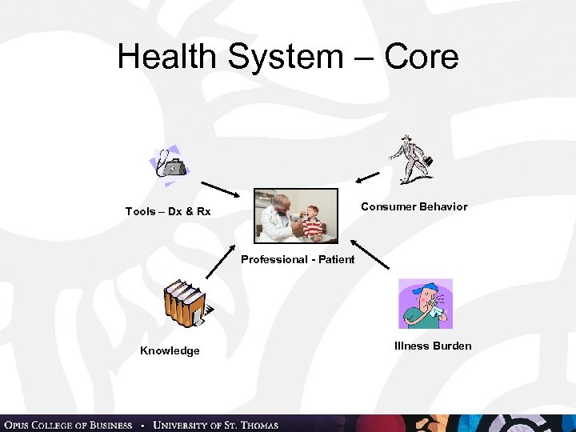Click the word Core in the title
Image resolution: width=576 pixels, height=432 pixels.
tap(421, 57)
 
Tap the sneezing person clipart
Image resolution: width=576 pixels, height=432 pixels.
tap(426, 303)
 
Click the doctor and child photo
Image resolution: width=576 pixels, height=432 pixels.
tap(296, 215)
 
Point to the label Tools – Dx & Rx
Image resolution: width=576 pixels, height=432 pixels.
tap(168, 211)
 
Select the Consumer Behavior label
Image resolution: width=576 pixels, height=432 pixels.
tap(414, 206)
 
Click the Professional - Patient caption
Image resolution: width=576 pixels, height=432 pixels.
tap(298, 259)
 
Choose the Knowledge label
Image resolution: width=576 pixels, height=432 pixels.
tap(170, 350)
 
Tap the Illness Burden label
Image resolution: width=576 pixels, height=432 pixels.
tap(433, 346)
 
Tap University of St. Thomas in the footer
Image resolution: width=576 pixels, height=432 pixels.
tap(216, 424)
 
